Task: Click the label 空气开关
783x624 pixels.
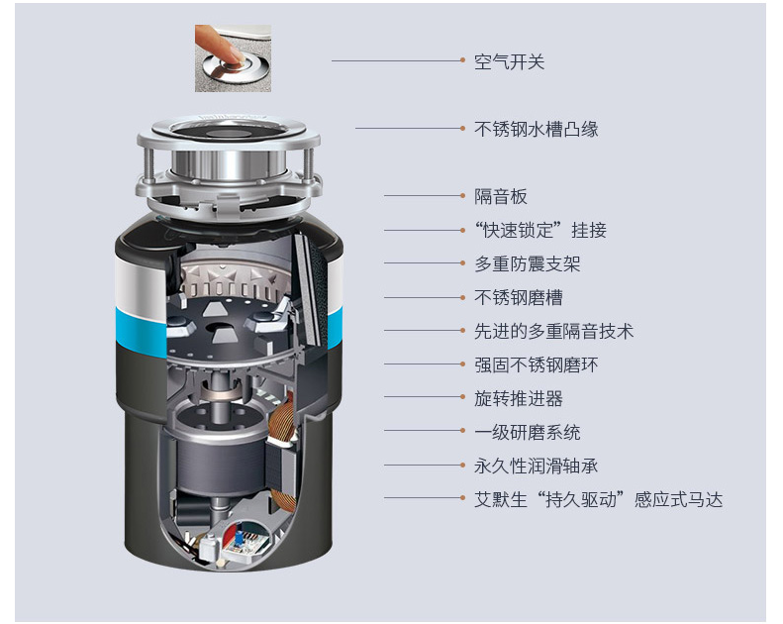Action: (x=509, y=62)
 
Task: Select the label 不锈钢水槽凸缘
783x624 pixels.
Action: (x=536, y=129)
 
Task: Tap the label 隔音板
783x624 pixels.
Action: (x=500, y=196)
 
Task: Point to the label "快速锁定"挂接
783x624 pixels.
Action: (x=540, y=231)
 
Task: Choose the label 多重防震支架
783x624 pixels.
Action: (x=528, y=263)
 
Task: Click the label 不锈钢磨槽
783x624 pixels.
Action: (x=519, y=298)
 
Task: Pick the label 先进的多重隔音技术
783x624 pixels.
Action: (x=553, y=331)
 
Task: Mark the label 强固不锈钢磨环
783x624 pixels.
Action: (x=536, y=364)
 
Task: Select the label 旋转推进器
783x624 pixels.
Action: (x=519, y=399)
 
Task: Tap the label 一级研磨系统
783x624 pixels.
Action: (x=528, y=432)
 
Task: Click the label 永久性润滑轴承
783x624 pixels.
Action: (x=536, y=467)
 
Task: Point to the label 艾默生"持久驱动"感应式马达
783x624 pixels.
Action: (x=598, y=499)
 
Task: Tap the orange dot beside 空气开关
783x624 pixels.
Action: (x=463, y=60)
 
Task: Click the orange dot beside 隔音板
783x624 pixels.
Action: (x=463, y=196)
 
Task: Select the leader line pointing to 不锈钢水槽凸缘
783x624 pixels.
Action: (x=408, y=129)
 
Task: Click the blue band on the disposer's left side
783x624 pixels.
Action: (x=141, y=332)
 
